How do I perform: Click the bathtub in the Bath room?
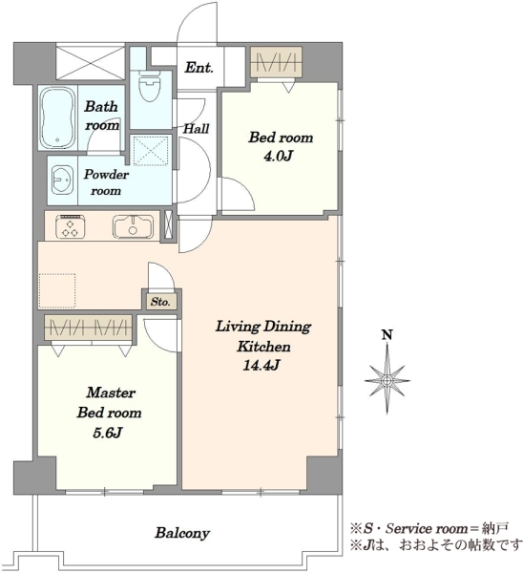coord(57,117)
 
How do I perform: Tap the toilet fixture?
coord(150,88)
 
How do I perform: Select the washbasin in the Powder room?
coord(61,180)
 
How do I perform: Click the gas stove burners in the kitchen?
coord(71,226)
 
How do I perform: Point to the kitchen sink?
coord(133,227)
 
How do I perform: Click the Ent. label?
coord(199,68)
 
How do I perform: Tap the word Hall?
coord(197,128)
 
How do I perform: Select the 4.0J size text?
coord(278,156)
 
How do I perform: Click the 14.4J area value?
coord(261,365)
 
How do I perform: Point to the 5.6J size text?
coord(107,433)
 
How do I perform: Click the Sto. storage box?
coord(160,302)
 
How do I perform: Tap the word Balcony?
coord(182,533)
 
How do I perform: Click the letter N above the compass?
coord(387,335)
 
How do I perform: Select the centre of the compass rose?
coord(387,381)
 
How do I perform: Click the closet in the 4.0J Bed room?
coord(276,62)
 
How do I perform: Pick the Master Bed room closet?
coord(88,328)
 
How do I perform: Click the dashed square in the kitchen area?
coord(57,290)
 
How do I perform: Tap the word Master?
coord(111,393)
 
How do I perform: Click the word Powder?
coord(106,175)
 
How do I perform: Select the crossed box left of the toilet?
coord(91,61)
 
